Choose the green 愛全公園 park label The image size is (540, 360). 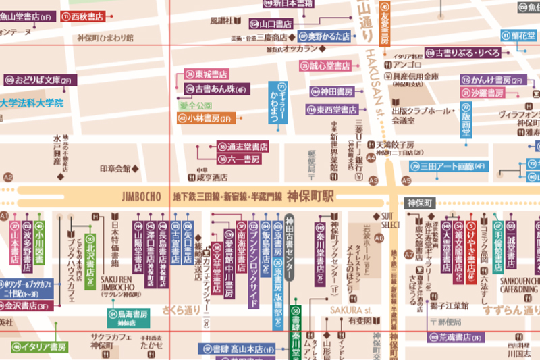pyautogui.click(x=195, y=105)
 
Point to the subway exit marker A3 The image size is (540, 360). pyautogui.click(x=373, y=181)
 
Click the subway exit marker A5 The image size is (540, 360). pyautogui.click(x=406, y=181)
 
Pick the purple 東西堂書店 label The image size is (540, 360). pyautogui.click(x=332, y=109)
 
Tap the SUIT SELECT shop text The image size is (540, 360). pyautogui.click(x=391, y=220)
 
